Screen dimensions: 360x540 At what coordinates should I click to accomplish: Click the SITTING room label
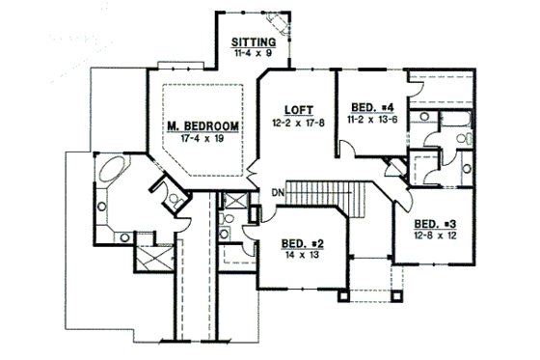coord(255,43)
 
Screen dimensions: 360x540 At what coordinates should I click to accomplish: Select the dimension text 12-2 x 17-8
coord(297,123)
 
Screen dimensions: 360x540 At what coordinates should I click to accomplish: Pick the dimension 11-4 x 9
coord(255,55)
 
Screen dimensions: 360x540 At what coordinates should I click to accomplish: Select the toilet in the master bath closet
coord(171,200)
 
